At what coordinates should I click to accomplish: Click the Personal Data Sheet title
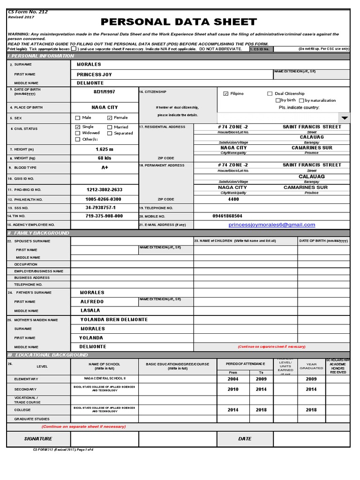(x=179, y=22)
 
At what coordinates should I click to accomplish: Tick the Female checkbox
(x=110, y=118)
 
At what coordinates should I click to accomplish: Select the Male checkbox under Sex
(x=78, y=118)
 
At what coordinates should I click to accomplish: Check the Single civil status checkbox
(x=78, y=127)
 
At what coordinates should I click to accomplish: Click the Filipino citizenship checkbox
(x=226, y=94)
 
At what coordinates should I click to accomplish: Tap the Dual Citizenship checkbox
(x=270, y=94)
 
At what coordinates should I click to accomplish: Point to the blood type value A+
(x=105, y=168)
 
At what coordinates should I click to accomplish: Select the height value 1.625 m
(x=105, y=149)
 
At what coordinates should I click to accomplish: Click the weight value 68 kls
(x=105, y=158)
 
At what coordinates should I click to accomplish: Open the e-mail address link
(x=272, y=225)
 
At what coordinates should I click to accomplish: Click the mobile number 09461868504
(x=227, y=216)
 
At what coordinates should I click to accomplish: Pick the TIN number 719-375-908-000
(x=104, y=216)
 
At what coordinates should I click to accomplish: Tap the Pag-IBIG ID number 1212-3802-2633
(x=104, y=190)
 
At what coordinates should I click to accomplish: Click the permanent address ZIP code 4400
(x=233, y=199)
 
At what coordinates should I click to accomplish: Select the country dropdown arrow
(x=345, y=118)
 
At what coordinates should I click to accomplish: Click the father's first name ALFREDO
(x=92, y=302)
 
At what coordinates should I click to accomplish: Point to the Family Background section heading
(x=38, y=233)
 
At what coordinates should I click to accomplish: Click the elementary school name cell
(x=105, y=379)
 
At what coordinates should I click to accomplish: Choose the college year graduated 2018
(x=311, y=410)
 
